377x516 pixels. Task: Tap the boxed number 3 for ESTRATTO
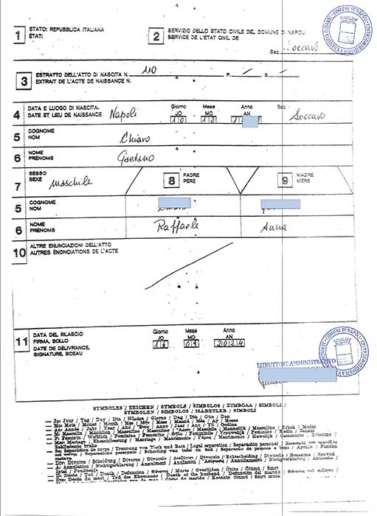(x=24, y=81)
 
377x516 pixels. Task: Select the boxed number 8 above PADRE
(x=172, y=180)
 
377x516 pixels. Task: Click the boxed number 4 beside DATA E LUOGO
(x=17, y=114)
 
